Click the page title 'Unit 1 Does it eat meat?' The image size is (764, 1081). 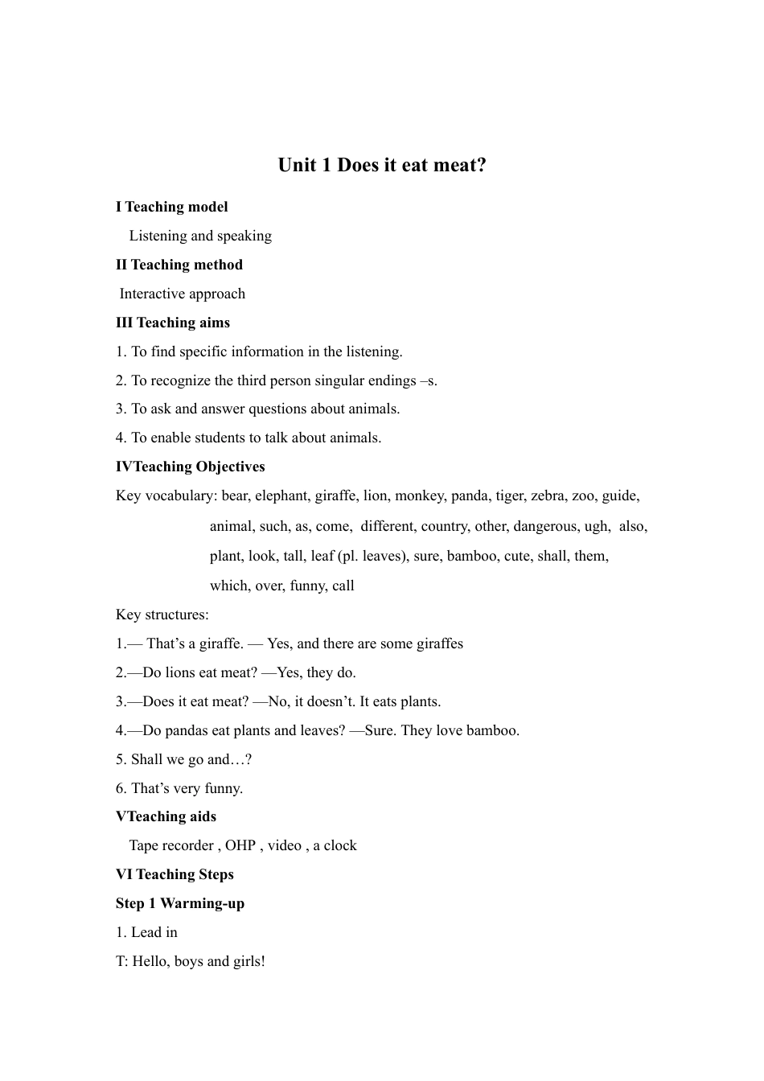382,166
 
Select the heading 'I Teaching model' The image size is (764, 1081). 171,208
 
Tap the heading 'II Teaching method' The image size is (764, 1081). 179,265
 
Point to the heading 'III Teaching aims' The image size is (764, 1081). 173,323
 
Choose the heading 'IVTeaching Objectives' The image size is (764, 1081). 190,467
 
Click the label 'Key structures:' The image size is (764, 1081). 162,615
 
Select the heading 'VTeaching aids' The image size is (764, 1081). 166,817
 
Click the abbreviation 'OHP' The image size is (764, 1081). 240,846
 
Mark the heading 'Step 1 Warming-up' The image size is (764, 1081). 180,904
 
